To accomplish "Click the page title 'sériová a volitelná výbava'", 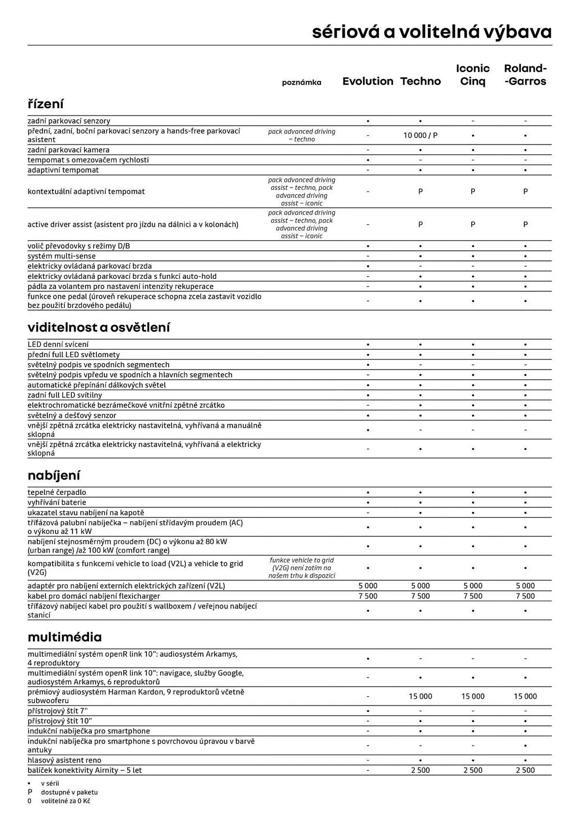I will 432,32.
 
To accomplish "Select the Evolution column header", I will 368,81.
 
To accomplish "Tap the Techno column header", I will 420,81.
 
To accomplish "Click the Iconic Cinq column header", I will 473,75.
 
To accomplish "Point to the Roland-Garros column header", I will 525,75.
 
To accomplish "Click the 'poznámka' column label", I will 301,82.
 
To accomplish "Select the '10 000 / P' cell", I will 420,135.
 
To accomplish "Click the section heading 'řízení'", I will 46,104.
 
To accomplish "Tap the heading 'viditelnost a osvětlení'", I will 98,327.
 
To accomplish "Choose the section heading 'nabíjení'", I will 54,475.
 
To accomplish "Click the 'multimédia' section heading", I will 64,637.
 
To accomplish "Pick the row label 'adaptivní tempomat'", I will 63,170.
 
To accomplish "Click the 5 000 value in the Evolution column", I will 368,586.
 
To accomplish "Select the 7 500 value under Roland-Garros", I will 525,596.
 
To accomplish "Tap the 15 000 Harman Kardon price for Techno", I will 420,696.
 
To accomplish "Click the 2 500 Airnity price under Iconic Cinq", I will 473,770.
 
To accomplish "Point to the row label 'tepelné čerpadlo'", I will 57,492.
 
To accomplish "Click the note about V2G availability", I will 301,568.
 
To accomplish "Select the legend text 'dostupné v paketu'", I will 69,793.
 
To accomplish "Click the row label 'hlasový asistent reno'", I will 64,760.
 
